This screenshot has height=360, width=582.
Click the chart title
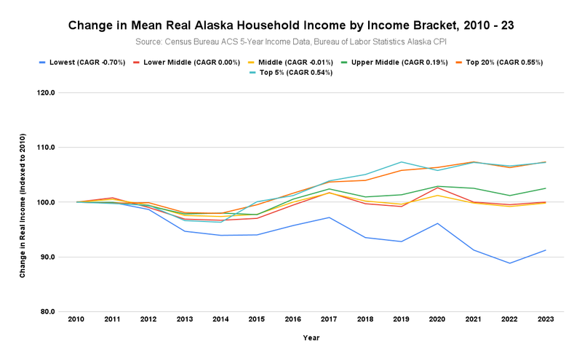coord(291,25)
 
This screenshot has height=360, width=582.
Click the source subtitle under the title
coord(291,41)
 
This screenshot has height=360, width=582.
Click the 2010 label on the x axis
coord(76,319)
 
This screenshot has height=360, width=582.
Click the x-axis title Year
coord(311,337)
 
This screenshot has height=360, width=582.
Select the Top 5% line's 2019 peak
coord(402,161)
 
